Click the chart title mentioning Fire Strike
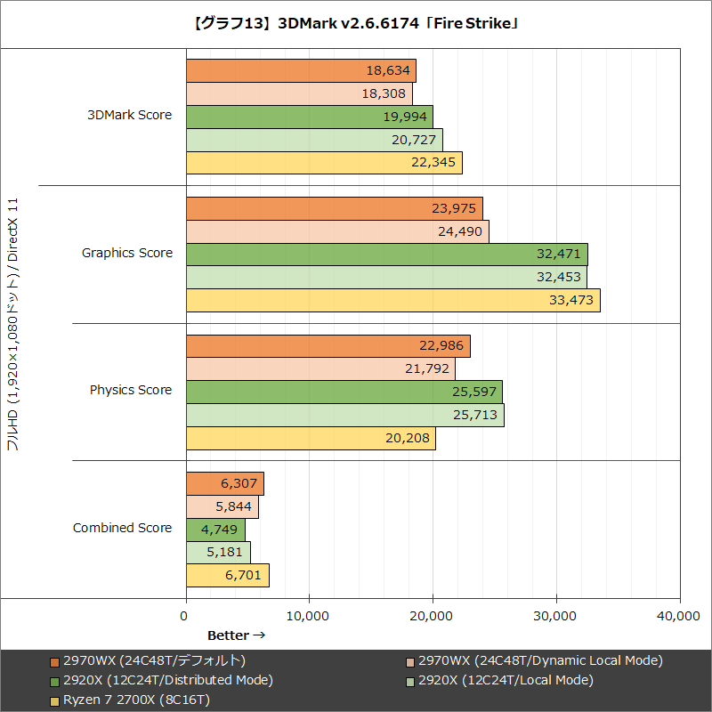(356, 24)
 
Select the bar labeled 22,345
(324, 163)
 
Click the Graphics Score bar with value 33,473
(392, 301)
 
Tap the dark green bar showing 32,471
(386, 255)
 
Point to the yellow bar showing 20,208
(311, 438)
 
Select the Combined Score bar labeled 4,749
(215, 530)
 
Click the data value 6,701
(243, 576)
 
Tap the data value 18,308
(384, 93)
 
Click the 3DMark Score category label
(129, 115)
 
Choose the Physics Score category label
(131, 390)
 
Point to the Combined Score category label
(122, 528)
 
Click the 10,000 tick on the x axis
(309, 615)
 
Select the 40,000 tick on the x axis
(679, 615)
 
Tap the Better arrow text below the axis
(236, 635)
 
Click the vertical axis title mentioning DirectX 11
(12, 325)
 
